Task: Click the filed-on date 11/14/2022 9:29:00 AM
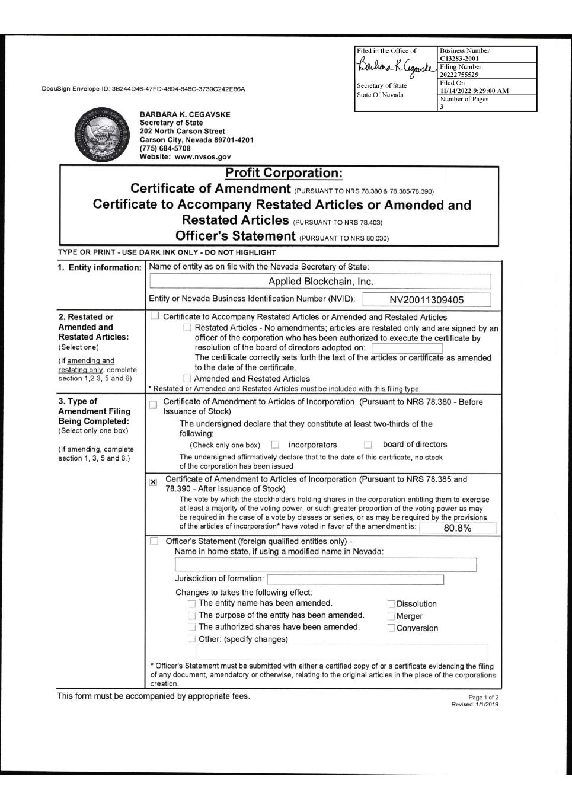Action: point(474,91)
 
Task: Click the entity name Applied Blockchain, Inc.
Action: point(321,282)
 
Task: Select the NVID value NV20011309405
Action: point(426,300)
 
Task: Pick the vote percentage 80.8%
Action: point(457,528)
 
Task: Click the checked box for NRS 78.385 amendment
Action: point(154,482)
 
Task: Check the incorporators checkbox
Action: point(275,445)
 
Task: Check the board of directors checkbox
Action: point(368,445)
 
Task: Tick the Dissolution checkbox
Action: point(391,604)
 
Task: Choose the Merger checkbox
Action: point(391,616)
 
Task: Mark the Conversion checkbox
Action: point(391,628)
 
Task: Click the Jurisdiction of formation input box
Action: point(355,579)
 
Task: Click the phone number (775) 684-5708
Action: point(165,148)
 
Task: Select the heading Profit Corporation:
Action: point(284,173)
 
